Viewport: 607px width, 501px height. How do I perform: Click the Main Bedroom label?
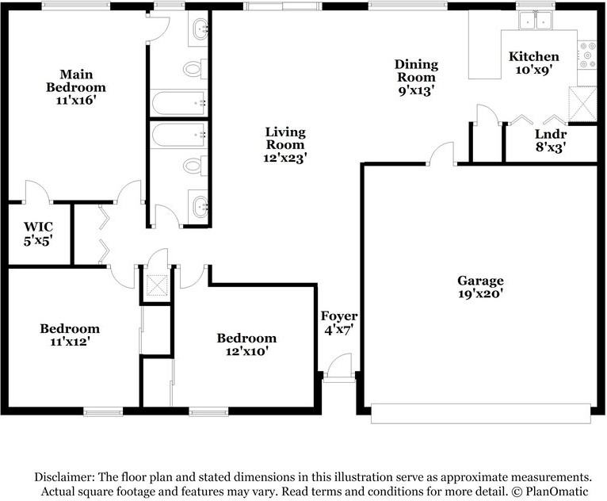(x=76, y=81)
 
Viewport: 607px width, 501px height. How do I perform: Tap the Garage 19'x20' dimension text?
(x=480, y=293)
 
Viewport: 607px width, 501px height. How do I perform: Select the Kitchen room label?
(x=534, y=56)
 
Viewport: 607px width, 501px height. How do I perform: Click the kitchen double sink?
(x=536, y=20)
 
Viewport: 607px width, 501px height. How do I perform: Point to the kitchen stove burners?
(x=587, y=55)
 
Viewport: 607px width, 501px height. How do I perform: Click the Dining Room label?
(x=416, y=71)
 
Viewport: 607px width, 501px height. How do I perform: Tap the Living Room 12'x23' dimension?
(x=285, y=158)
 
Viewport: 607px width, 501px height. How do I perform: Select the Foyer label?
(x=339, y=316)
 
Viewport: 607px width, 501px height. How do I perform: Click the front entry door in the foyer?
(x=339, y=366)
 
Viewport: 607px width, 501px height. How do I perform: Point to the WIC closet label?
(x=38, y=227)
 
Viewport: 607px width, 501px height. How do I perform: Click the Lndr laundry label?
(x=551, y=134)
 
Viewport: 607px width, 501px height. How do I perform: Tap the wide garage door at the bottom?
(x=481, y=414)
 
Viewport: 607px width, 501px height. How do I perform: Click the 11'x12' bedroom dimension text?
(x=70, y=342)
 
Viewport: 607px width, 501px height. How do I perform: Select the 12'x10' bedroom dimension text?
(x=247, y=351)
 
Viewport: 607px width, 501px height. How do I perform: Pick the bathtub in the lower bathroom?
(x=179, y=134)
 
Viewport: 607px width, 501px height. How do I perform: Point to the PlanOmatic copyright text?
(x=550, y=491)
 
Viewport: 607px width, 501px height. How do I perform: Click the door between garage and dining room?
(x=441, y=154)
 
